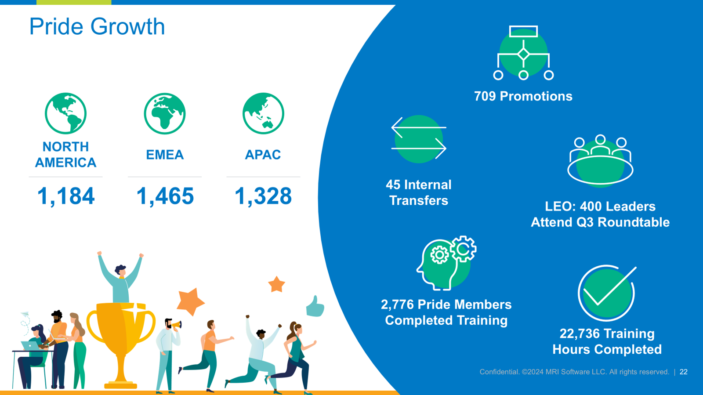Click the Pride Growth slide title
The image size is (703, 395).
pos(97,27)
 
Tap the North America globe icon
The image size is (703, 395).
pos(65,113)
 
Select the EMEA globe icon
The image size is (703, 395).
pos(165,113)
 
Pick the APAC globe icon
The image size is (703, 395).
pos(263,113)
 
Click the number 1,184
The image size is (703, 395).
pos(66,196)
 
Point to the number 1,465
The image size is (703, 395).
pos(165,196)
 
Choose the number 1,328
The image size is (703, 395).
pos(263,196)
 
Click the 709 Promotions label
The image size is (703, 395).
pos(523,96)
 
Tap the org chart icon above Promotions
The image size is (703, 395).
pos(523,53)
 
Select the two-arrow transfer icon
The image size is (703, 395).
pos(419,139)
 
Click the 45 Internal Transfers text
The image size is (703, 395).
pos(419,192)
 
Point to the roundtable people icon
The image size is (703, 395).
pos(600,161)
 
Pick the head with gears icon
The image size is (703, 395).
pos(446,263)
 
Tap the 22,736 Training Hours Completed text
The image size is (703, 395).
pos(607,341)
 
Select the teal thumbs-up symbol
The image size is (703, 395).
pos(315,306)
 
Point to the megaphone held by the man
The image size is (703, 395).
pos(177,325)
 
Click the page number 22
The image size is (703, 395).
pos(684,372)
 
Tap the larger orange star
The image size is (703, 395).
pos(190,301)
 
